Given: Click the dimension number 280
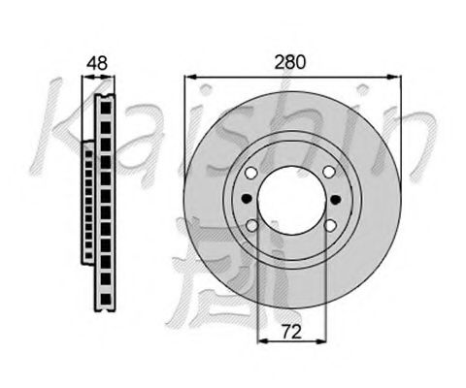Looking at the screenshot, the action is click(289, 62).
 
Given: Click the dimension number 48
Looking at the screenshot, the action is click(97, 63).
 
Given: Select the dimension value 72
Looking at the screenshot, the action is click(291, 332).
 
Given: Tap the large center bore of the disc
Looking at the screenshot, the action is click(291, 200).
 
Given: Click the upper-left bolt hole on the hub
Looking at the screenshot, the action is click(251, 173).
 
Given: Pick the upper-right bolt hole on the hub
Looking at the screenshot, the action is click(329, 172).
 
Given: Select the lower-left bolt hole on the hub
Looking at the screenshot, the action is click(251, 225).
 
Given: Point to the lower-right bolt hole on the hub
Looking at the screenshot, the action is click(330, 225).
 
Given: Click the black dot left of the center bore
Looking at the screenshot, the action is click(247, 198).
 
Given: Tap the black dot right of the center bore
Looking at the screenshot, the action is click(336, 200).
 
